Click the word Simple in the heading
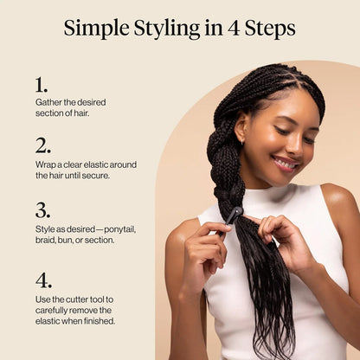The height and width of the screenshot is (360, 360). click(x=96, y=29)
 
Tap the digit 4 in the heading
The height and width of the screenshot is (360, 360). click(x=234, y=29)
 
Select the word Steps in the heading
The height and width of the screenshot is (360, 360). click(x=271, y=29)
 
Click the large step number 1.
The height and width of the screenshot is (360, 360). click(x=42, y=85)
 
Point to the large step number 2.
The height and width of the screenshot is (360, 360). click(x=43, y=145)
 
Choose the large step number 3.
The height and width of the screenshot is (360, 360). click(x=42, y=210)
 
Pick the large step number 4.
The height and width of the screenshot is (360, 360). click(x=43, y=280)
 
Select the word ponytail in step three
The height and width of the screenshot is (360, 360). click(x=119, y=230)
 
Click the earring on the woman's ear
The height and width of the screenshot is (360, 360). click(x=242, y=141)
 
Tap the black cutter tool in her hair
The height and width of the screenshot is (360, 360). click(x=231, y=219)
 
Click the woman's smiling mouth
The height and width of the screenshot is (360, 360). click(x=286, y=164)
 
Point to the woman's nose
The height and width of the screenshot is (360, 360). click(x=296, y=147)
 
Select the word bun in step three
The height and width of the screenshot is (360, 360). click(x=65, y=241)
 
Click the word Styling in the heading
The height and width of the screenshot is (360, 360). click(x=167, y=29)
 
